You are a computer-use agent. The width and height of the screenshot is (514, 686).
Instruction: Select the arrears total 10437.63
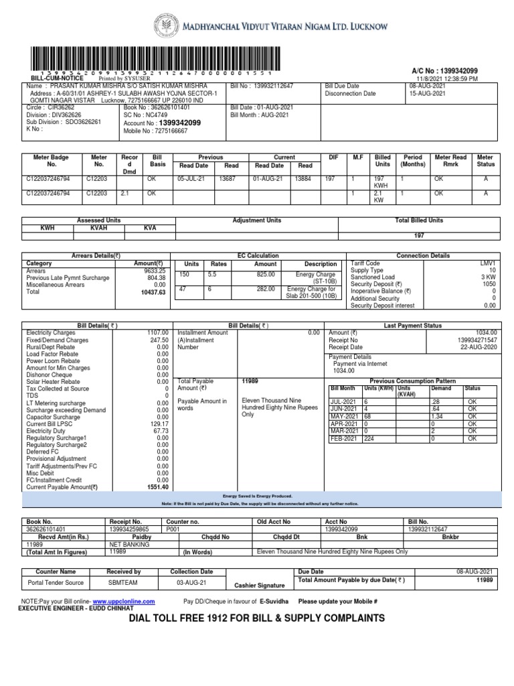(x=153, y=292)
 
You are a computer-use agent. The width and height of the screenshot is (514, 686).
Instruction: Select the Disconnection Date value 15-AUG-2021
(x=428, y=94)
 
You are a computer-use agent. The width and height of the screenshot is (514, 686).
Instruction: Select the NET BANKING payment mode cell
(x=127, y=544)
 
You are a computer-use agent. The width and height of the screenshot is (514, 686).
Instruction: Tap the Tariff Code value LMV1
(x=486, y=264)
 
